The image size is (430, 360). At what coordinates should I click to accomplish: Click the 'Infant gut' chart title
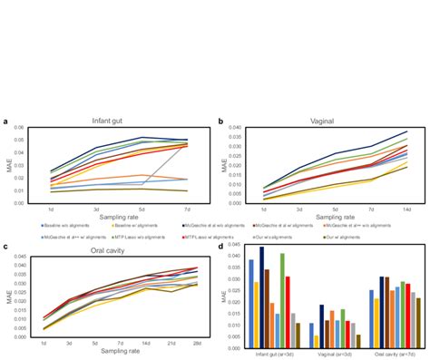tap(109, 122)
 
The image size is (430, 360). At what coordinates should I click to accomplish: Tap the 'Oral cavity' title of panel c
tap(110, 247)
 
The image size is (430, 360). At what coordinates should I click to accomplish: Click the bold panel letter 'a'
tap(7, 121)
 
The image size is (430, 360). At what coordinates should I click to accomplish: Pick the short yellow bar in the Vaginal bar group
tap(316, 340)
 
